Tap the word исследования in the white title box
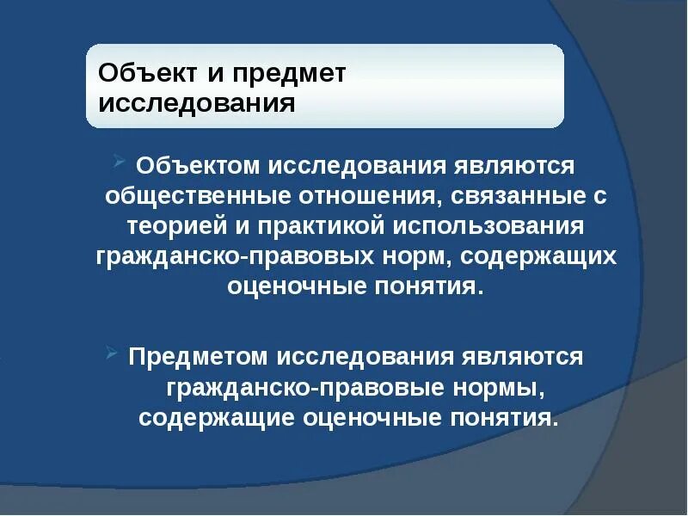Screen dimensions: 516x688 pos(197,104)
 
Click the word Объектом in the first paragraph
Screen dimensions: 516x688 pos(197,164)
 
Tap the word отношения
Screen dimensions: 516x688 pos(372,195)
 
